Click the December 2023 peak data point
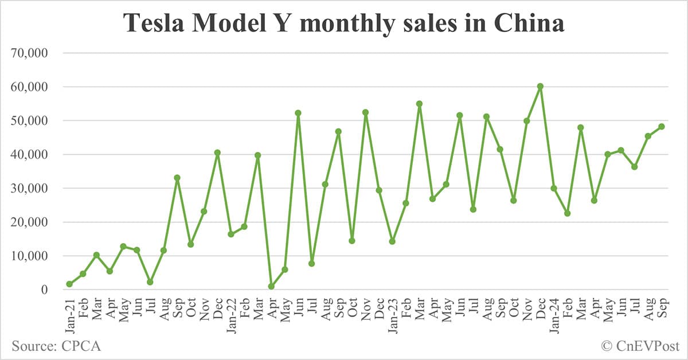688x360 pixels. [540, 86]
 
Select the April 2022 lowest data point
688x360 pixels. [271, 286]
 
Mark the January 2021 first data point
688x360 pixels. [69, 284]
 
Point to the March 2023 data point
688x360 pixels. [419, 104]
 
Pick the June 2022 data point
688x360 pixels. [298, 113]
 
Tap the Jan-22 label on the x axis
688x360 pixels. [231, 313]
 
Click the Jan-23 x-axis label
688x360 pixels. [392, 313]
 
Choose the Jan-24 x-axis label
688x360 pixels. [554, 313]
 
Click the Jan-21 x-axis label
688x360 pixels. [69, 313]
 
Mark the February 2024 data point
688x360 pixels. [567, 213]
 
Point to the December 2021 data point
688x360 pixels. [217, 152]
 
